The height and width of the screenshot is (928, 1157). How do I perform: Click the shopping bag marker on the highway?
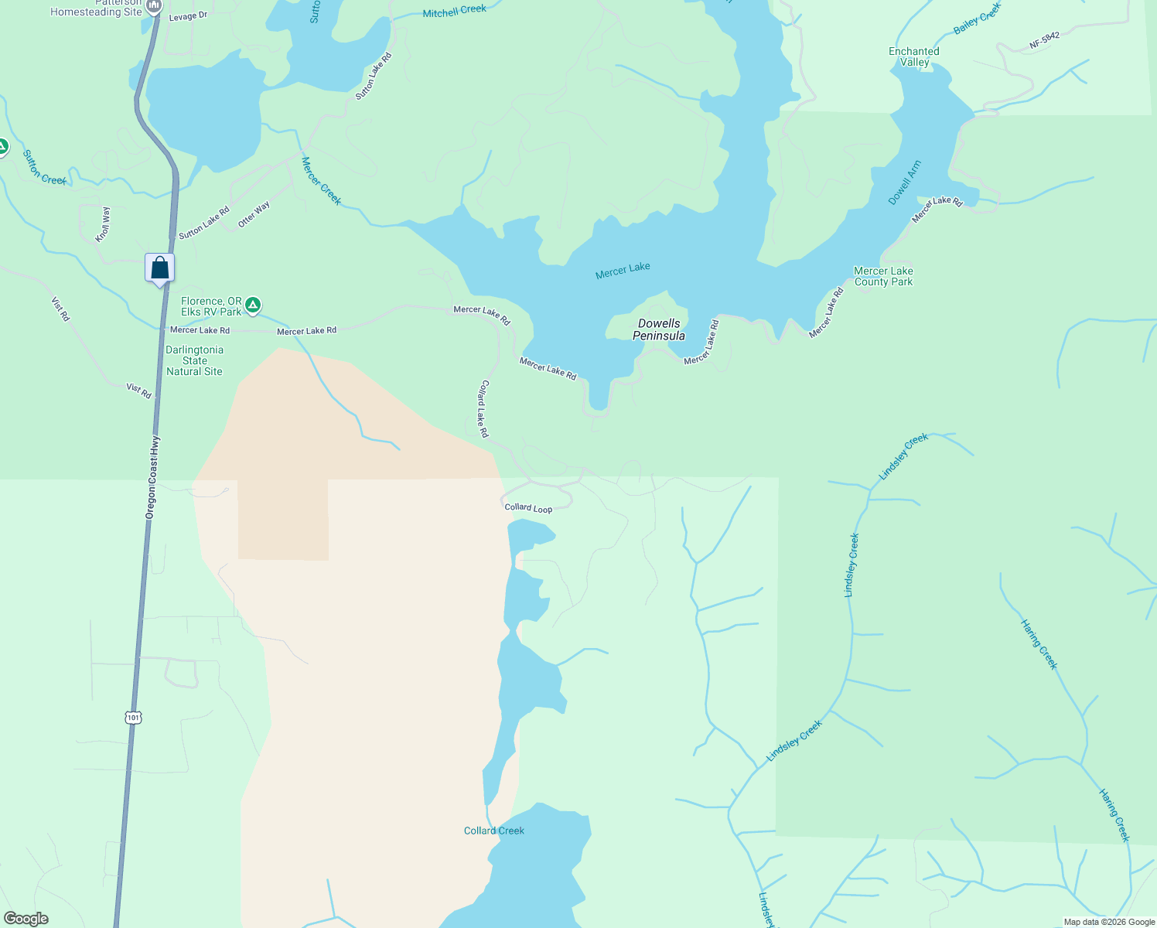pyautogui.click(x=160, y=268)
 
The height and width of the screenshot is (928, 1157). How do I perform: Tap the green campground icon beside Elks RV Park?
pyautogui.click(x=253, y=306)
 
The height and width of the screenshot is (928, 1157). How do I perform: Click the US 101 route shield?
pyautogui.click(x=134, y=718)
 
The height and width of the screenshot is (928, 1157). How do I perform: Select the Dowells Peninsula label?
pyautogui.click(x=659, y=329)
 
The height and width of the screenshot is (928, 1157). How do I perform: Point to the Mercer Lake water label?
pyautogui.click(x=623, y=270)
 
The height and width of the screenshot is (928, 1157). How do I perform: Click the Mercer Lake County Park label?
pyautogui.click(x=883, y=276)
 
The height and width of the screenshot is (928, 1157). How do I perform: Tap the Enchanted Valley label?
pyautogui.click(x=914, y=56)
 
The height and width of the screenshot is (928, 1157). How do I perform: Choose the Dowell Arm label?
pyautogui.click(x=904, y=183)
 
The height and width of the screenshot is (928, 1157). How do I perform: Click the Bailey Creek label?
pyautogui.click(x=977, y=18)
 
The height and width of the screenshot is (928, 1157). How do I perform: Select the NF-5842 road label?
pyautogui.click(x=1044, y=41)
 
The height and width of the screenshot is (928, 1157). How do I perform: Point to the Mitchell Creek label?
pyautogui.click(x=455, y=11)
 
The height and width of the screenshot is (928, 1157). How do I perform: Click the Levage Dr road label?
pyautogui.click(x=188, y=15)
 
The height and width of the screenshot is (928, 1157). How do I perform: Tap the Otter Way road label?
pyautogui.click(x=254, y=214)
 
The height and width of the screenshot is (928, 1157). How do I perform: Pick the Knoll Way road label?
pyautogui.click(x=103, y=224)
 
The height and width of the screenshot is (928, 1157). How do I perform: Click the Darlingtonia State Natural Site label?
pyautogui.click(x=194, y=360)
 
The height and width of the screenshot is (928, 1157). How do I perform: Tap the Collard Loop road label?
pyautogui.click(x=528, y=507)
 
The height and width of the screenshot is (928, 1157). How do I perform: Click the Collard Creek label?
pyautogui.click(x=493, y=831)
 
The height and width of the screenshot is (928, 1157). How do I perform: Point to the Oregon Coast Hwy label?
pyautogui.click(x=153, y=476)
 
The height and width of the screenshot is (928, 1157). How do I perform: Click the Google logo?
pyautogui.click(x=26, y=918)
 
